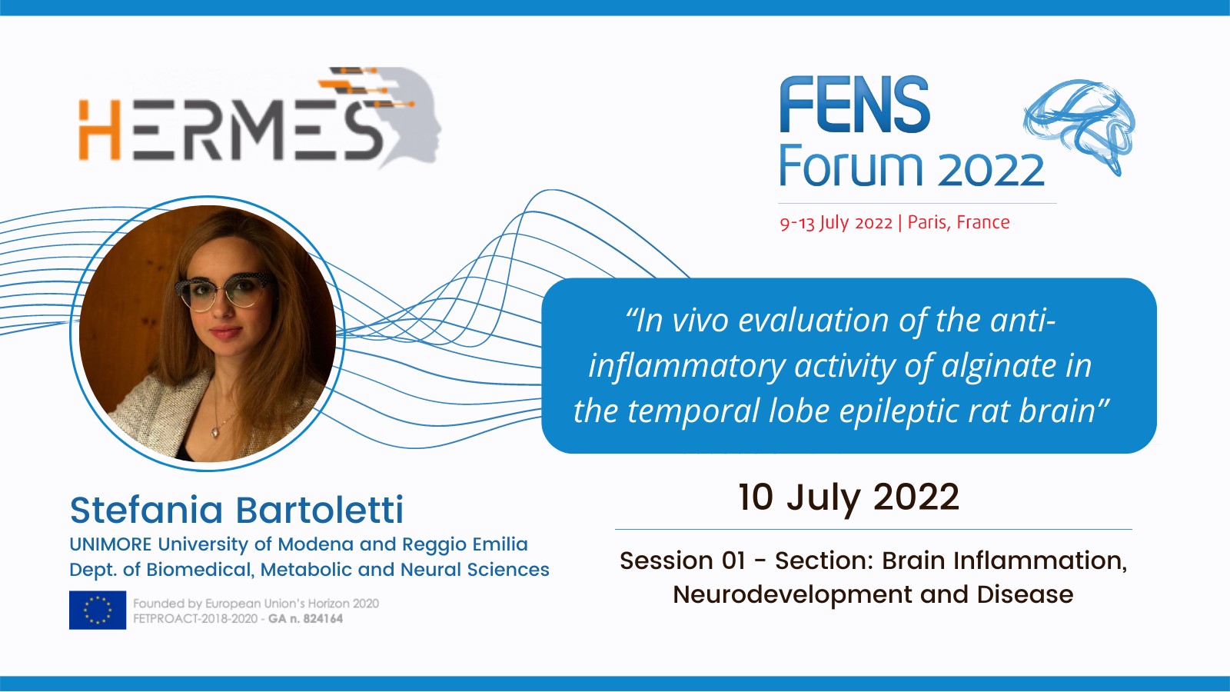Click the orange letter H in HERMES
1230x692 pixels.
(99, 130)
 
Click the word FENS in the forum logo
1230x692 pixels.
(854, 105)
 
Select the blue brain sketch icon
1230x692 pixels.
(1079, 126)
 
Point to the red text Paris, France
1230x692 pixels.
(959, 222)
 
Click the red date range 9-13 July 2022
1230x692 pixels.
(836, 223)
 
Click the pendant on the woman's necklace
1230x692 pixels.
(214, 431)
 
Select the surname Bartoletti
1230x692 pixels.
(320, 511)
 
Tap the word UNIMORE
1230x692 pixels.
(111, 544)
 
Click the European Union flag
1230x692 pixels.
(98, 610)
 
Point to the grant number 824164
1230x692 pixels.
(324, 619)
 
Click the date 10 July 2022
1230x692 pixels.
(849, 497)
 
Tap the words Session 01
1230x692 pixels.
(683, 561)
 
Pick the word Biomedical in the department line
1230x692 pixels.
(201, 570)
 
